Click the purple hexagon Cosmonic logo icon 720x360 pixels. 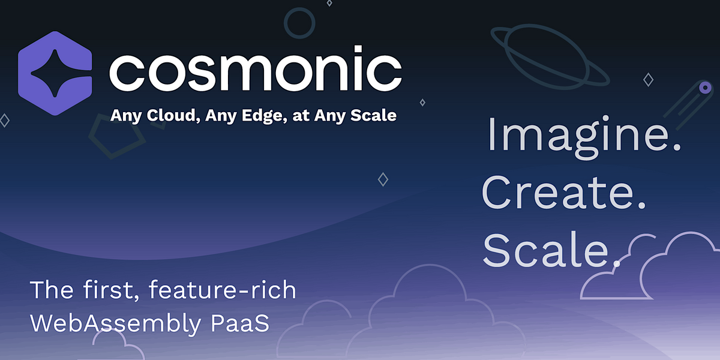(55, 73)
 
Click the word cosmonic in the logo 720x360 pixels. (255, 70)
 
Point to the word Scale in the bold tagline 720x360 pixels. (374, 115)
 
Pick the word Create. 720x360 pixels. (563, 193)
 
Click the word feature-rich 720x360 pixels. (223, 290)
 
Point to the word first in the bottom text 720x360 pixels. (110, 290)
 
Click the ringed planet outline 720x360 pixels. (549, 57)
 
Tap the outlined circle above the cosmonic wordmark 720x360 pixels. (299, 23)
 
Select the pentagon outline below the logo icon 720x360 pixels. (116, 137)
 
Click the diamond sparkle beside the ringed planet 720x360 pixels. (648, 79)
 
